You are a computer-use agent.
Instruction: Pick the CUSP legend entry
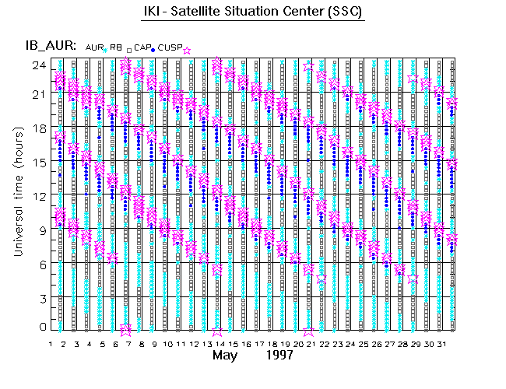pos(169,48)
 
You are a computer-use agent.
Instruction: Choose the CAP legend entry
pos(142,48)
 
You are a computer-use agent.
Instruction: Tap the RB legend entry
pos(115,48)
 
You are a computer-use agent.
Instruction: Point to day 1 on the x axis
pos(51,343)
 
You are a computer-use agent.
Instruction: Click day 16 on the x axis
pos(245,343)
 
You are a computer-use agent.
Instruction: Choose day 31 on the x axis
pos(440,343)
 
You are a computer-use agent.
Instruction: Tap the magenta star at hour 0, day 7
pos(126,330)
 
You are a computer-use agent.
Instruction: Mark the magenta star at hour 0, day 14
pos(217,330)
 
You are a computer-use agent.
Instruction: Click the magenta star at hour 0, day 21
pos(308,330)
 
